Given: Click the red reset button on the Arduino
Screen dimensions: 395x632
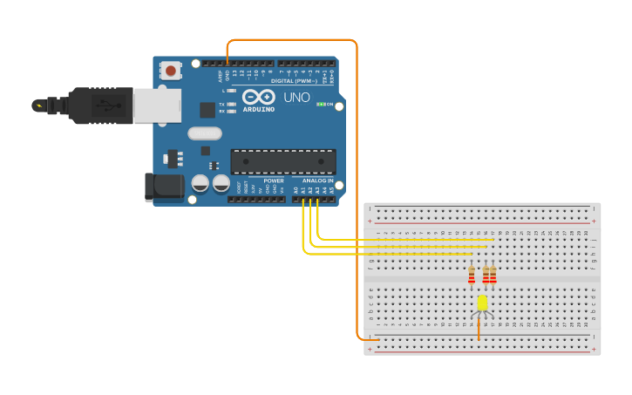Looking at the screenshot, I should [x=171, y=71].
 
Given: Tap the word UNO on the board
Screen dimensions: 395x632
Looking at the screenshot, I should [x=296, y=98].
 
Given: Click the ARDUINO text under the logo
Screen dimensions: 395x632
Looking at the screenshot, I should [x=259, y=110].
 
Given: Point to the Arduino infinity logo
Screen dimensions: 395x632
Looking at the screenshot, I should [x=259, y=97].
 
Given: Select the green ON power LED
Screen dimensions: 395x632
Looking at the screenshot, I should [x=320, y=105].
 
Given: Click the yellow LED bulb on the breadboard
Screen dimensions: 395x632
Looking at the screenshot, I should [x=482, y=303].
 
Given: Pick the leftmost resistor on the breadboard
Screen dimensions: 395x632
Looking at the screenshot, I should [x=472, y=276].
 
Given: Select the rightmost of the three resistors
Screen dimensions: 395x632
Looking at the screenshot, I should [x=493, y=276].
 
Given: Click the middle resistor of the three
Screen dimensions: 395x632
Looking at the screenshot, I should [x=486, y=276].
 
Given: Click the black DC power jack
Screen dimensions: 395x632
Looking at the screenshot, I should [x=163, y=187].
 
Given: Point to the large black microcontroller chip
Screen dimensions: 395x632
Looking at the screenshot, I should [x=282, y=161].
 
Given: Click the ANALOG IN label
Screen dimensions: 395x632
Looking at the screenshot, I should [x=318, y=180].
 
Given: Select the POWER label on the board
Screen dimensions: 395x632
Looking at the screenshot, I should [x=274, y=180].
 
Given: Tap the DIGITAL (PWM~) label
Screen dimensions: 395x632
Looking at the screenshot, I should [x=294, y=81].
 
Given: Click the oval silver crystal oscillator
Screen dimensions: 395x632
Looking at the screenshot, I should [x=205, y=133].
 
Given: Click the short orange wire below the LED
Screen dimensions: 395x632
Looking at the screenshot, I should [x=479, y=329].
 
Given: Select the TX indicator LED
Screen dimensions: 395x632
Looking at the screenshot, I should [x=231, y=104].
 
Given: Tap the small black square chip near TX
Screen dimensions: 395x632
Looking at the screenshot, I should [x=207, y=110].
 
